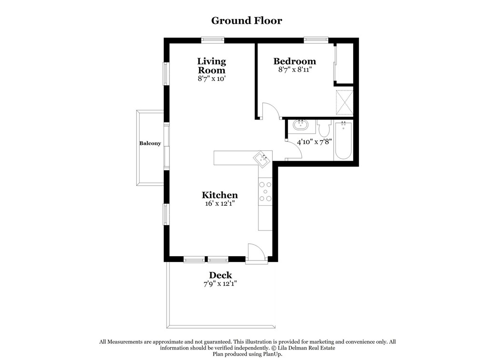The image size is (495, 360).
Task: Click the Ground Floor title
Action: (247, 20)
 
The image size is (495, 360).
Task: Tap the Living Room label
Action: (211, 66)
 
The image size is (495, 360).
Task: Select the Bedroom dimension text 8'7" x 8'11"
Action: (295, 70)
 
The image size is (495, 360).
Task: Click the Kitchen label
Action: (219, 195)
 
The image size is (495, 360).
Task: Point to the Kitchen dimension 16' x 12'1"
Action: (219, 203)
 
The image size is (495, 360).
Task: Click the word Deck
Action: (220, 275)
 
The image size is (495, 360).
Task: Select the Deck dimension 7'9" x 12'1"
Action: (220, 284)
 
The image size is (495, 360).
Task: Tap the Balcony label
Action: (150, 143)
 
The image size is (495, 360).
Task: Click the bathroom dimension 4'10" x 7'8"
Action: (314, 141)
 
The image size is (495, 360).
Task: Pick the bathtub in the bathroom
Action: (343, 141)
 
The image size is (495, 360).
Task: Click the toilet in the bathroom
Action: (324, 129)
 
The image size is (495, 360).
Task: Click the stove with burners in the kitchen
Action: (265, 191)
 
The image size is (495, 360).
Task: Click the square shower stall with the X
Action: (344, 102)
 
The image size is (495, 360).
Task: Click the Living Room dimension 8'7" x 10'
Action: (211, 79)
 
